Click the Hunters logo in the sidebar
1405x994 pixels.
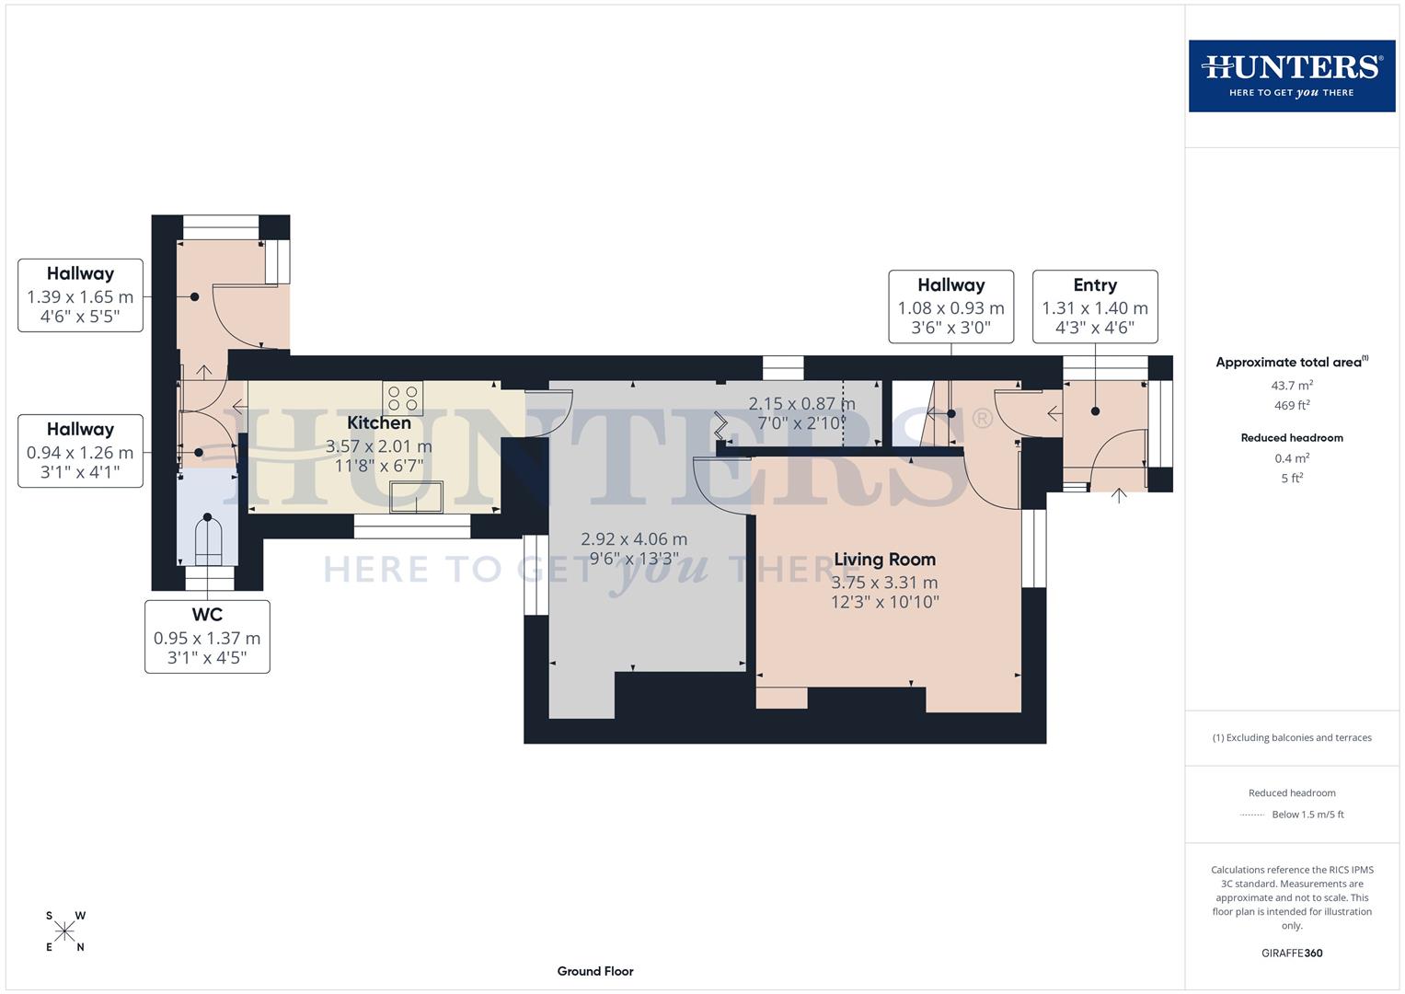(1291, 75)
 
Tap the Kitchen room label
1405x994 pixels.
(378, 423)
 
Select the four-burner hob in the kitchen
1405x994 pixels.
(403, 399)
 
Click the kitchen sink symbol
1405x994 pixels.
(416, 497)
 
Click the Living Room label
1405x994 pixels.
(884, 560)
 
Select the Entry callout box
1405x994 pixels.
(1094, 306)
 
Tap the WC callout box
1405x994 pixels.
(207, 637)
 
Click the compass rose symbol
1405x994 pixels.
(64, 931)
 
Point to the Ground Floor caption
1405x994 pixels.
(595, 971)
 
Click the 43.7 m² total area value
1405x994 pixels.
(1291, 386)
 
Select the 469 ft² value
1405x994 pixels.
(1291, 406)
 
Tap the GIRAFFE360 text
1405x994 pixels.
(1291, 953)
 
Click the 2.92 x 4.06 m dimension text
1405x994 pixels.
(634, 539)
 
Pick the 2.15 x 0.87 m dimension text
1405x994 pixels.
(801, 404)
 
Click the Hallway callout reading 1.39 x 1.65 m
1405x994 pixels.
(80, 295)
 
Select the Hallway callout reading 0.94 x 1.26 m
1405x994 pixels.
(80, 451)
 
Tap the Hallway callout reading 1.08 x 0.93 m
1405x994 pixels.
(950, 306)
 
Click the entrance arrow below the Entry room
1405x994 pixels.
(1119, 496)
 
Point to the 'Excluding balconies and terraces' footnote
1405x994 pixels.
(1291, 737)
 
